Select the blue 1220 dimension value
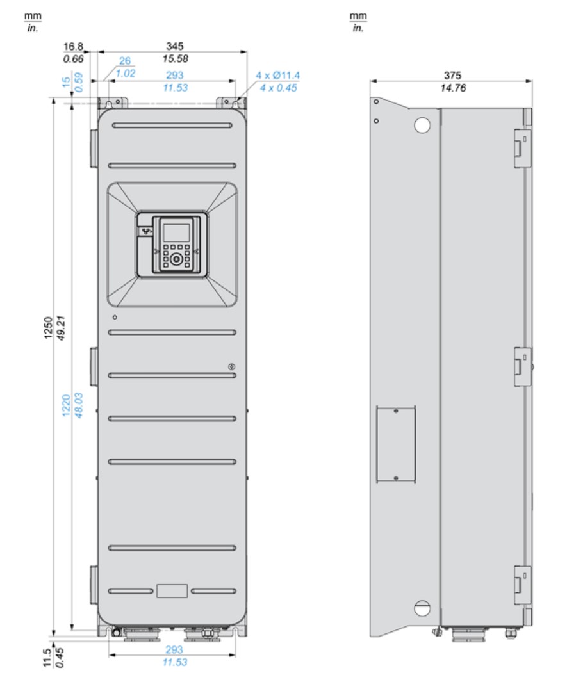click(66, 405)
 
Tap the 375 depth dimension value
click(452, 76)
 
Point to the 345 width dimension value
click(174, 46)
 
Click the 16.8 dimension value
click(73, 47)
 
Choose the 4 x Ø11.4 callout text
click(277, 76)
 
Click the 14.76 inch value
click(452, 88)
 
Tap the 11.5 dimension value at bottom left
click(48, 657)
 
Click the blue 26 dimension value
click(124, 60)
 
